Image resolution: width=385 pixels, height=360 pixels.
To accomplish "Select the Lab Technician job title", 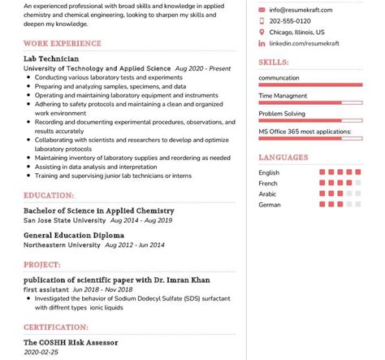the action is (x=51, y=59).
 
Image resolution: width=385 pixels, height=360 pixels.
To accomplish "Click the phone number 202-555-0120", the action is (x=290, y=21).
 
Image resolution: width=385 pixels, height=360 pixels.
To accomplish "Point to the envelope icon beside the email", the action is (x=262, y=10).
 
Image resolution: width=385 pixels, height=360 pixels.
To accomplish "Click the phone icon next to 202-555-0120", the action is (x=262, y=21).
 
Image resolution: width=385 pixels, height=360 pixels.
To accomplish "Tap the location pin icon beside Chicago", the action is (x=262, y=33).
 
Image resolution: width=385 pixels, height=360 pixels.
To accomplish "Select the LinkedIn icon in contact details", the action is (x=262, y=43).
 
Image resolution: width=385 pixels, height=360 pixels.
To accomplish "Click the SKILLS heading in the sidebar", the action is (x=273, y=62).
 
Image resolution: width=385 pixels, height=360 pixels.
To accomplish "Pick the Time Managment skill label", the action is (x=282, y=96).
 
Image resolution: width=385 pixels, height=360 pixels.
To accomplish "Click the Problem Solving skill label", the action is (x=282, y=114).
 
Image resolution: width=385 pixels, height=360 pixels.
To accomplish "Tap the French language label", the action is (x=268, y=184).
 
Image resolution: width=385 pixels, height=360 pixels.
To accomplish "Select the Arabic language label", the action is (x=267, y=194).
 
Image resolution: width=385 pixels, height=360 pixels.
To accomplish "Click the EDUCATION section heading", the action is (x=49, y=195).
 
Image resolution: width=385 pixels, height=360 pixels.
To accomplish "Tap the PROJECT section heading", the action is (x=42, y=264).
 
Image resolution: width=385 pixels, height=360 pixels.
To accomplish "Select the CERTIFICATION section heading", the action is (x=56, y=327).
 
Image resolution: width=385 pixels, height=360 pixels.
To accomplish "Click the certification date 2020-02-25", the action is (x=41, y=353).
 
